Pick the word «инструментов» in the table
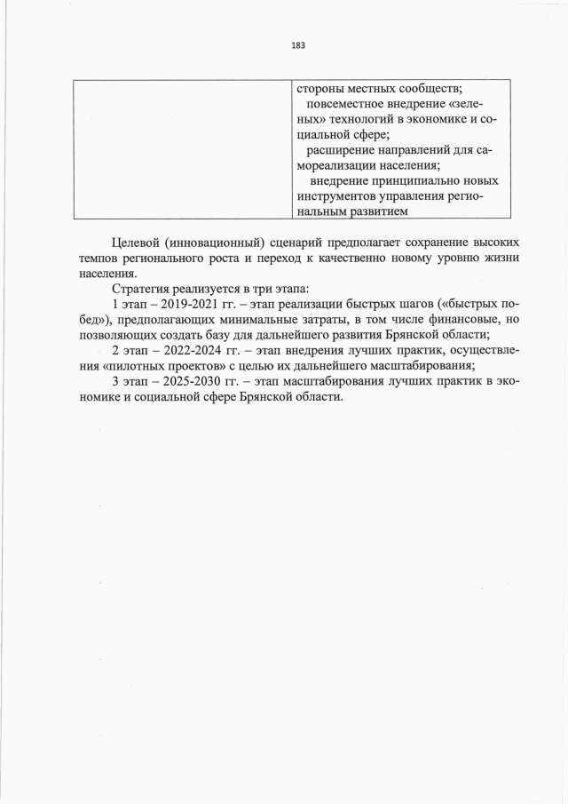[337, 195]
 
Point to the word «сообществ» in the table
[420, 87]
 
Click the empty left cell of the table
[182, 148]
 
